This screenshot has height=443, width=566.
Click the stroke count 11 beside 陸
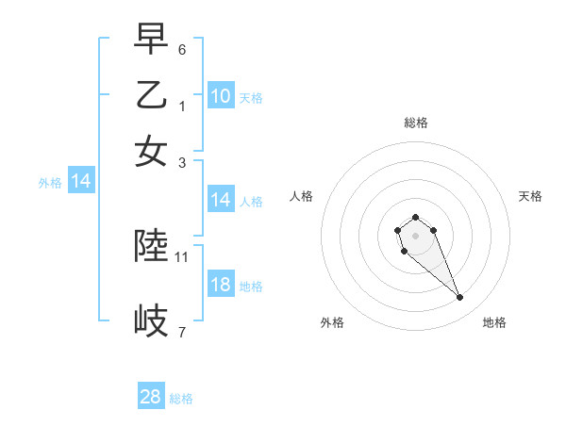pyautogui.click(x=182, y=256)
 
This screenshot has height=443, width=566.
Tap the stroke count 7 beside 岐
pyautogui.click(x=182, y=331)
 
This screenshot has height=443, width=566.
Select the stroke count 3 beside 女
pyautogui.click(x=182, y=162)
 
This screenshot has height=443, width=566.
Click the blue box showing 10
pyautogui.click(x=221, y=96)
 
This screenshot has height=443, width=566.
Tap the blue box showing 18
pyautogui.click(x=221, y=286)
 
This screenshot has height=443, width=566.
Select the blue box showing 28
pyautogui.click(x=151, y=397)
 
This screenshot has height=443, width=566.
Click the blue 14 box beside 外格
pyautogui.click(x=81, y=181)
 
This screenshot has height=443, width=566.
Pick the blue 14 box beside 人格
pyautogui.click(x=221, y=200)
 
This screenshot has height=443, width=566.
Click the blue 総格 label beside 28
pyautogui.click(x=181, y=399)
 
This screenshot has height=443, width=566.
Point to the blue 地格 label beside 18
pyautogui.click(x=251, y=287)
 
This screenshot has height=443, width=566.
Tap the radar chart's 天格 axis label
pyautogui.click(x=530, y=196)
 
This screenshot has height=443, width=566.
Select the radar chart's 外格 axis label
pyautogui.click(x=332, y=322)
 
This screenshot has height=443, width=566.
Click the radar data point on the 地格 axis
pyautogui.click(x=460, y=298)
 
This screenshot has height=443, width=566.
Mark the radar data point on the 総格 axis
pyautogui.click(x=415, y=218)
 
